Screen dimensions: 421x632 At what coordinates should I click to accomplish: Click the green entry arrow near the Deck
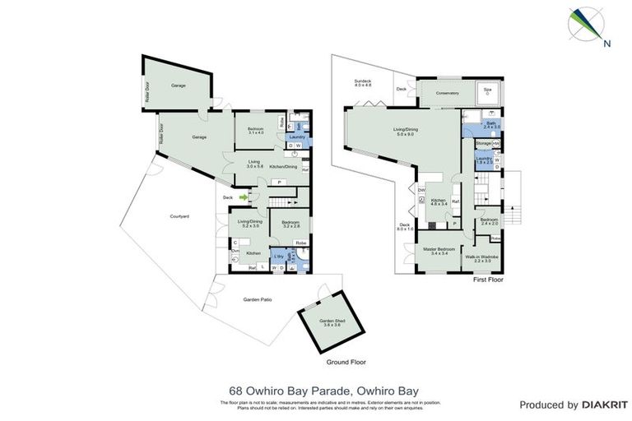[x=244, y=197]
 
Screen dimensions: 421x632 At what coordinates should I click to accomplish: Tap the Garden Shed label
[x=321, y=322]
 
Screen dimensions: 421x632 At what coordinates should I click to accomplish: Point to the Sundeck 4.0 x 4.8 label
[x=363, y=82]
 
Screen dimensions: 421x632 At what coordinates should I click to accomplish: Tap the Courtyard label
[x=180, y=215]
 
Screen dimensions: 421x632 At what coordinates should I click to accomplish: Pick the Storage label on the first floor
[x=483, y=143]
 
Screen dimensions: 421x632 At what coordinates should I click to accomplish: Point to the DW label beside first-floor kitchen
[x=421, y=191]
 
